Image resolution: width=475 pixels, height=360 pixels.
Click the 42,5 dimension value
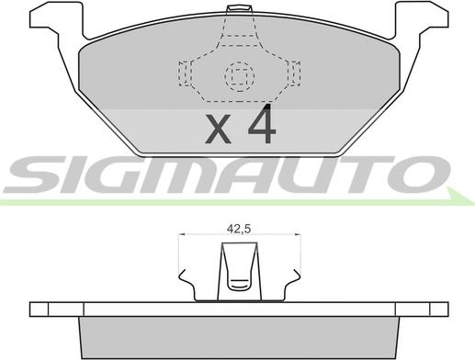pyautogui.click(x=239, y=229)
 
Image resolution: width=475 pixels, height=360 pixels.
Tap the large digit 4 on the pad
pyautogui.click(x=262, y=124)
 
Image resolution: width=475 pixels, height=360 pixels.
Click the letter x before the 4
pyautogui.click(x=218, y=129)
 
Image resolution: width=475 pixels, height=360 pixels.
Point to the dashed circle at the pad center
pyautogui.click(x=240, y=76)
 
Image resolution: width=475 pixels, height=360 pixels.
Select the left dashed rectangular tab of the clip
pyautogui.click(x=185, y=73)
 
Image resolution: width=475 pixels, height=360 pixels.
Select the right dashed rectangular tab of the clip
pyautogui.click(x=294, y=73)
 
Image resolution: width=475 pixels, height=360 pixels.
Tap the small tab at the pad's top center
pyautogui.click(x=239, y=9)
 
